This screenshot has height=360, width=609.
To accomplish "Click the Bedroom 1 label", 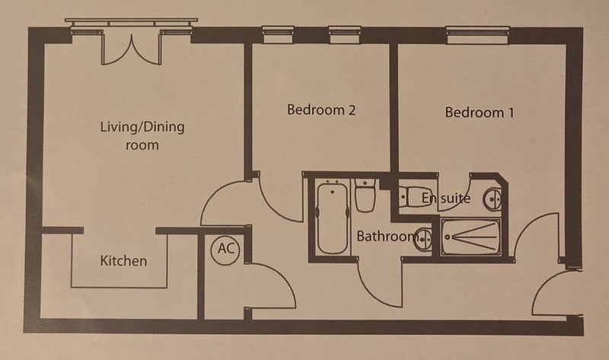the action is [x=480, y=113].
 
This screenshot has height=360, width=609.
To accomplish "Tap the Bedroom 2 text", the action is [x=321, y=110].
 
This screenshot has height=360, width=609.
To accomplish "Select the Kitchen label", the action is [x=123, y=260].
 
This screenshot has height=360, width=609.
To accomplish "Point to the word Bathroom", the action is [x=386, y=236].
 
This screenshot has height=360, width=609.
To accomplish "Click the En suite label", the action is [x=446, y=198].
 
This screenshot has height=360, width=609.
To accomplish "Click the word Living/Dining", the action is [x=142, y=127].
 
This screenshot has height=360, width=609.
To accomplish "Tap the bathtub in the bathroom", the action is [x=333, y=218].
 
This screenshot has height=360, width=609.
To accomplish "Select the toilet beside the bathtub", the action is [x=365, y=196].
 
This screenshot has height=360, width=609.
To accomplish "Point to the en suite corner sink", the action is [x=493, y=199].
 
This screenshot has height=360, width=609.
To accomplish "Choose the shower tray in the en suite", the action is [x=470, y=237].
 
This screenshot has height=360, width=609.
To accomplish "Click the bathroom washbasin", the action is [x=423, y=239].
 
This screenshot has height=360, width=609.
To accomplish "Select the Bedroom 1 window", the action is [x=478, y=35].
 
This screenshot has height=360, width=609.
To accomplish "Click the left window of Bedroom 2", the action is [x=278, y=34].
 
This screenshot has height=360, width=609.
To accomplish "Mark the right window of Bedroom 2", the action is [x=345, y=34].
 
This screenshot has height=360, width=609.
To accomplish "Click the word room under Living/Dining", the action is [x=142, y=145].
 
